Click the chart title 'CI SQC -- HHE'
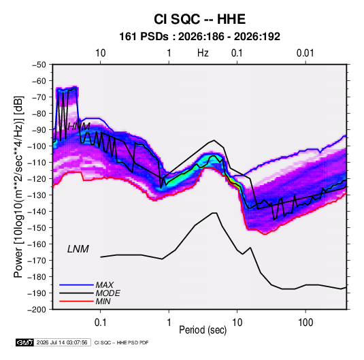pyautogui.click(x=199, y=19)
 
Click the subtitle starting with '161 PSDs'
pyautogui.click(x=199, y=37)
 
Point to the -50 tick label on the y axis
pyautogui.click(x=39, y=65)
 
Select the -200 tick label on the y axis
pyautogui.click(x=37, y=310)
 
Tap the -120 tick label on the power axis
pyautogui.click(x=37, y=179)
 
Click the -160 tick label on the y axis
pyautogui.click(x=37, y=244)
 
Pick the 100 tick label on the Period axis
pyautogui.click(x=305, y=323)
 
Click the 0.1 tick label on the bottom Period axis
pyautogui.click(x=100, y=323)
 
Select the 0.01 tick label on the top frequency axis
pyautogui.click(x=305, y=53)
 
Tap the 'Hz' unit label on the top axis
pyautogui.click(x=203, y=53)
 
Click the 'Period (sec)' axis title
pyautogui.click(x=203, y=330)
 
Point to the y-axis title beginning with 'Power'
pyautogui.click(x=18, y=186)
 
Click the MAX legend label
pyautogui.click(x=105, y=285)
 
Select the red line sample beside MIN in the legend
pyautogui.click(x=76, y=301)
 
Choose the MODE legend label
pyautogui.click(x=108, y=293)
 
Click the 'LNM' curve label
pyautogui.click(x=78, y=249)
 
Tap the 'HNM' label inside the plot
pyautogui.click(x=79, y=127)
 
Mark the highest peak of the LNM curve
pyautogui.click(x=214, y=213)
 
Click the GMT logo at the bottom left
pyautogui.click(x=25, y=342)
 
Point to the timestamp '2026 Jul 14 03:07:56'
pyautogui.click(x=62, y=342)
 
